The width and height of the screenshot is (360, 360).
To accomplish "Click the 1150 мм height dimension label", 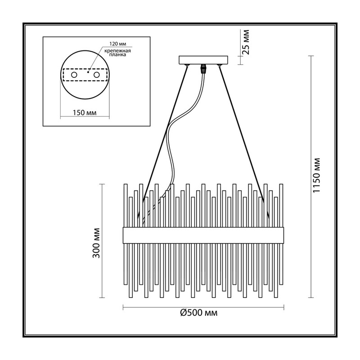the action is point(317,175).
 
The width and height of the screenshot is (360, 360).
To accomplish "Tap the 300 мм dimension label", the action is point(97,243).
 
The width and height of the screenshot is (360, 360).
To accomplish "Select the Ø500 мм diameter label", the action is point(199,313).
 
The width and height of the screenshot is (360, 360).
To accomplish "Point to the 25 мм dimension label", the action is point(245,42).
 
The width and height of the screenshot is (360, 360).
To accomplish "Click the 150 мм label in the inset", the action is point(85,113).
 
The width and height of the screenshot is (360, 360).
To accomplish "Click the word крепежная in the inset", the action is point(117,51).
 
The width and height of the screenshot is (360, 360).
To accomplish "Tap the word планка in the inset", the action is point(117,55).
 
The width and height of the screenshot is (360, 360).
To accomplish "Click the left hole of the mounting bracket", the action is point(74,75).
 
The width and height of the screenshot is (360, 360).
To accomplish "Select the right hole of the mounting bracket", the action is point(96,75).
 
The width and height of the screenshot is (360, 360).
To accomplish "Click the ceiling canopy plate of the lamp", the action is point(203,60).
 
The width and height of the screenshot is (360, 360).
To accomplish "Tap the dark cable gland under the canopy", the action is point(203,68).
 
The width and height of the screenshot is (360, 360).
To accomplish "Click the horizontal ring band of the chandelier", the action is point(203,235).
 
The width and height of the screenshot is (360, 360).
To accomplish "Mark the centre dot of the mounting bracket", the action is point(88,72).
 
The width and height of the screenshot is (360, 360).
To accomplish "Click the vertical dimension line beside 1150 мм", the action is point(311,177).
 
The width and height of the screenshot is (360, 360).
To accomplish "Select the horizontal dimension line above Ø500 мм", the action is point(204,307).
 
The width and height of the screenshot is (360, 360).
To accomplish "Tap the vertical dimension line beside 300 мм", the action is point(102,241).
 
